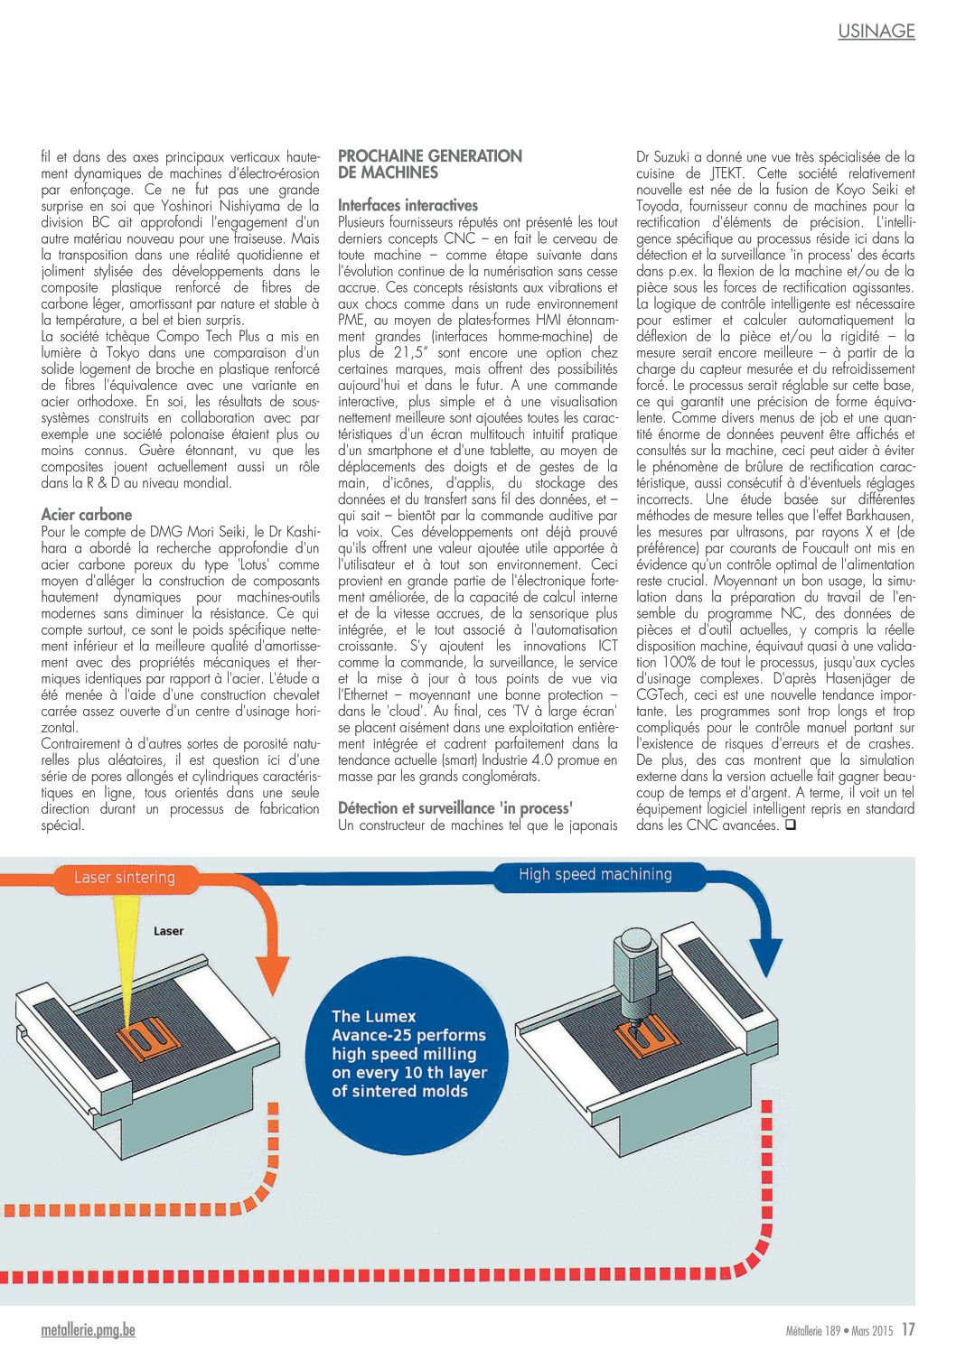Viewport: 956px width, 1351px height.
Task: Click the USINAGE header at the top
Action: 876,31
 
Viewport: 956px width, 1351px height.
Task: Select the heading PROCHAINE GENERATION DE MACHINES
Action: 429,163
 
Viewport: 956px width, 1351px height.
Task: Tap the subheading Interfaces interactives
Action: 408,205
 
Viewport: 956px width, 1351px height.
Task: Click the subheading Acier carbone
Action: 87,515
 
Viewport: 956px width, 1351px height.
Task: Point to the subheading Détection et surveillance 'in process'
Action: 455,808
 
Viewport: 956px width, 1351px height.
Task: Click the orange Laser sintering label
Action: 125,877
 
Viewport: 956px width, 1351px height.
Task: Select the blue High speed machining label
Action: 595,874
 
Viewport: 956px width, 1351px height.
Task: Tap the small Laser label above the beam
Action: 168,930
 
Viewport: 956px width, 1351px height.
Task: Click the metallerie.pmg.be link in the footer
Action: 88,1330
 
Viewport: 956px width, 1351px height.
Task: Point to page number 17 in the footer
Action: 907,1329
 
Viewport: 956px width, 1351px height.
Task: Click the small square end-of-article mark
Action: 790,825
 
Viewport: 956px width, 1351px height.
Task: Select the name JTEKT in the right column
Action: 726,173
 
